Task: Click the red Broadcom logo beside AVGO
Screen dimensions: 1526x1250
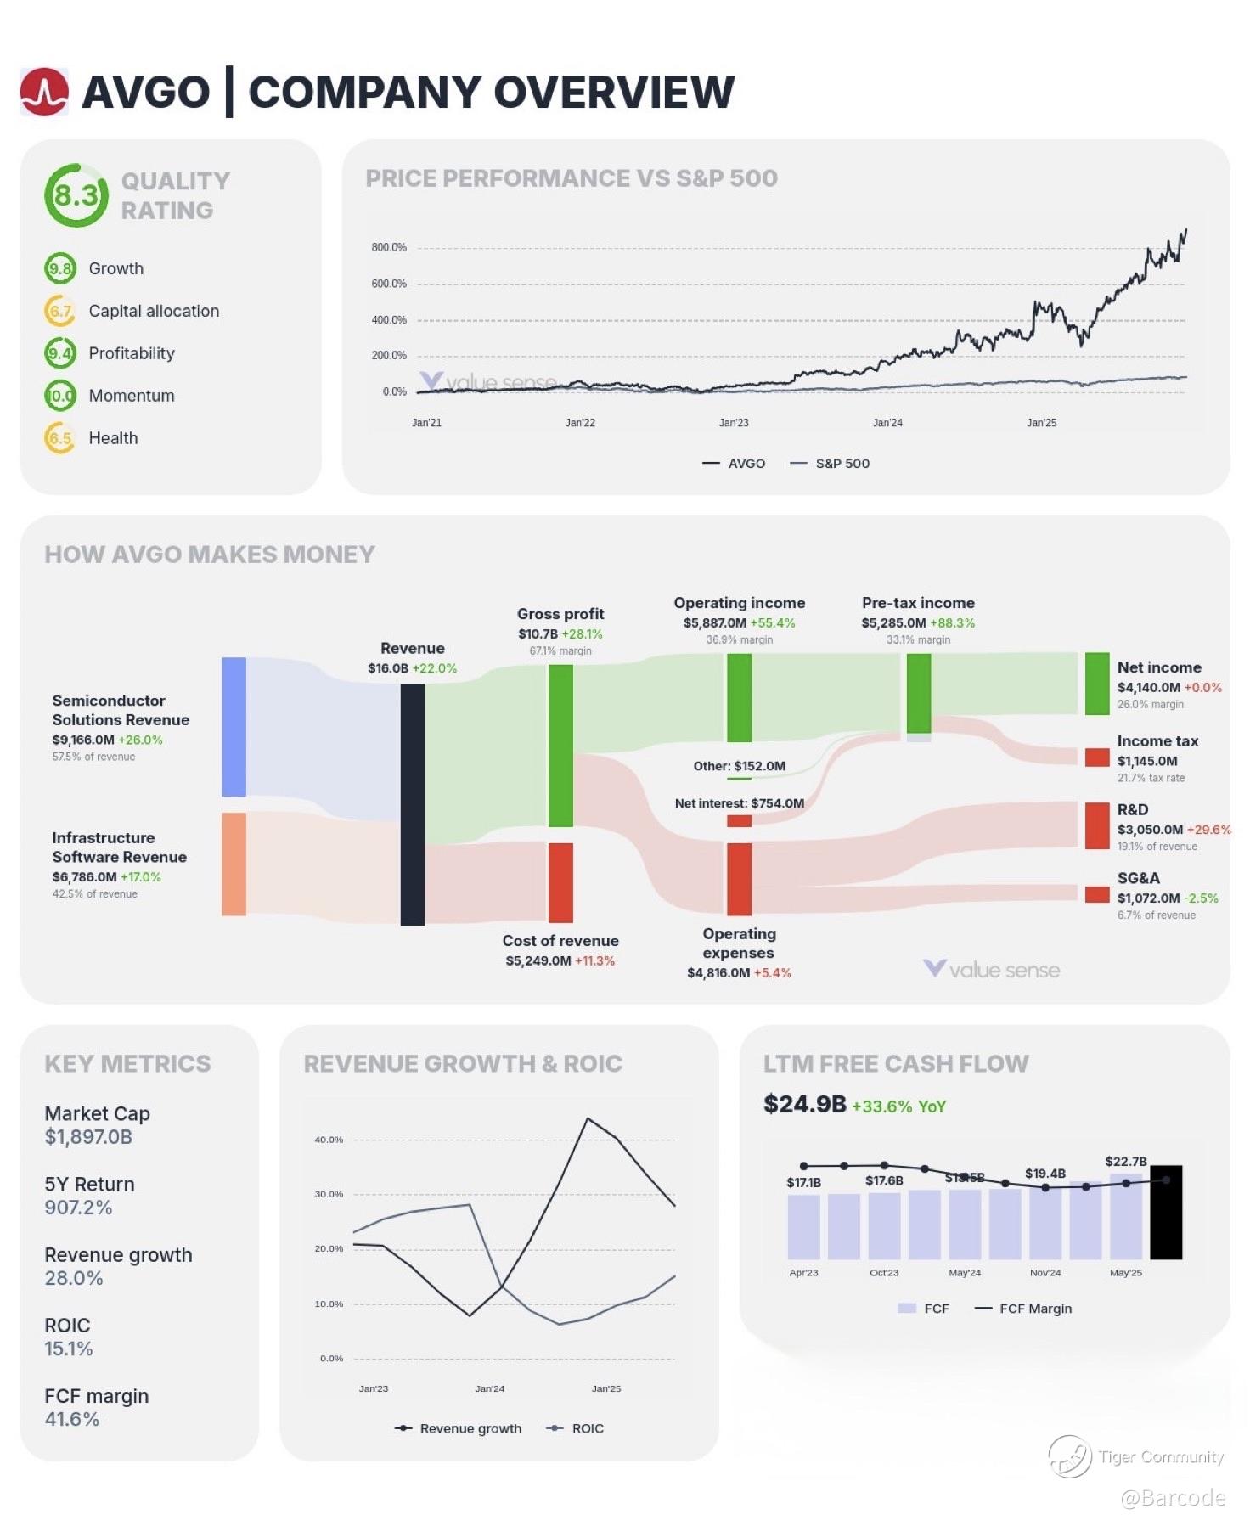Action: [44, 92]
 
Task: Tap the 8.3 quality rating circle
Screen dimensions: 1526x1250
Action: [76, 196]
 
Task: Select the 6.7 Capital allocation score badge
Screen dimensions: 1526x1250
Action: [60, 311]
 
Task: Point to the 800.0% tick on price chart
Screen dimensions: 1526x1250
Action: [389, 248]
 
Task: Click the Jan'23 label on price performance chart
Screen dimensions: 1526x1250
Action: [734, 423]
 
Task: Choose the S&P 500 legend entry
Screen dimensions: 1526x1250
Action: [830, 464]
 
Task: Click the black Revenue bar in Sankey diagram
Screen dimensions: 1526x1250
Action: [413, 804]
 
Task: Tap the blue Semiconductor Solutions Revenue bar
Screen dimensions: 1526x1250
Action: [234, 727]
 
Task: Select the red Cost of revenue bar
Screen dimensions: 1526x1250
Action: [560, 882]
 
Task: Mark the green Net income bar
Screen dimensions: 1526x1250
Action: [1097, 684]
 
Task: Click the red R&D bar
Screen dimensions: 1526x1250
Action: [1097, 826]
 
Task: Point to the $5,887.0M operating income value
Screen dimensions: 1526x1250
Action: [715, 623]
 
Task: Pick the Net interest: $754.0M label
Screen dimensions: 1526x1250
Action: [739, 803]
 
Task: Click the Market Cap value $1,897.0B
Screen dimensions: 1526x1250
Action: [88, 1137]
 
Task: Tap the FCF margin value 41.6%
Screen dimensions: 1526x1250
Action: [72, 1419]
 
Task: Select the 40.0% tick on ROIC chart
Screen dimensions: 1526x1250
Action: [329, 1140]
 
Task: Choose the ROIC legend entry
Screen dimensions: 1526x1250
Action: [577, 1428]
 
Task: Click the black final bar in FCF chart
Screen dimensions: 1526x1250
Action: [1166, 1212]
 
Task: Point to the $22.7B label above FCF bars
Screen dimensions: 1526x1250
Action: [1126, 1161]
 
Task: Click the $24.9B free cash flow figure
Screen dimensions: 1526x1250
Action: [804, 1104]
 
